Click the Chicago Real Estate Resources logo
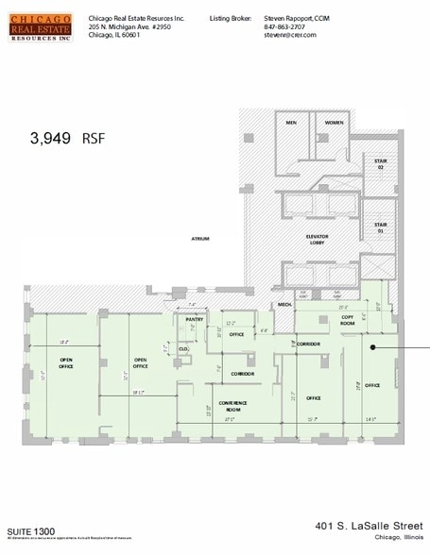tap(41, 28)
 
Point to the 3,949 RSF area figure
tap(66, 138)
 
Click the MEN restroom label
tap(291, 123)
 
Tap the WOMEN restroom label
tap(334, 123)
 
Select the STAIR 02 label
tap(381, 164)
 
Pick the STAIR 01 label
tap(381, 228)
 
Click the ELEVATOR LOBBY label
tap(316, 240)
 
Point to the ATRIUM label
tap(200, 238)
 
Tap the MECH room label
tap(284, 305)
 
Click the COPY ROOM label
tap(347, 320)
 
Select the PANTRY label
tap(195, 319)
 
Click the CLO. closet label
tap(183, 348)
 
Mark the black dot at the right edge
tap(374, 347)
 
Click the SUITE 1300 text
tap(31, 530)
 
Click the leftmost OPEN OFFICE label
tap(66, 363)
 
